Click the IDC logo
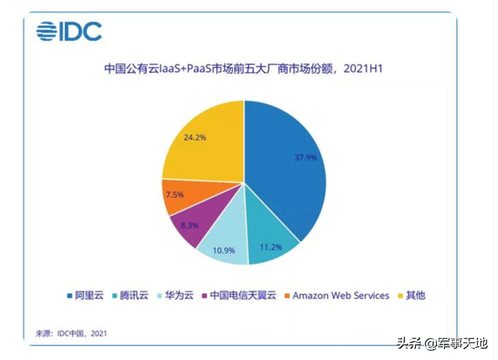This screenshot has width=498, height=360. tap(69, 31)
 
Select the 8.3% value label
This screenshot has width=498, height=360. tap(190, 225)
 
